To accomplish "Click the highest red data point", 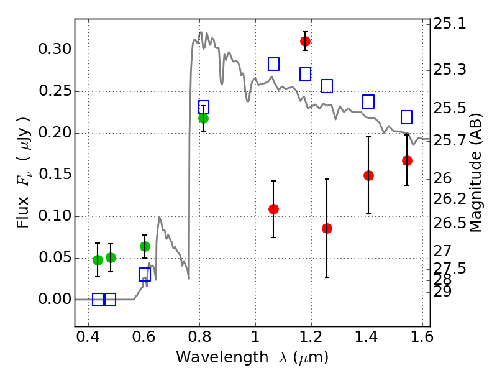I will coord(305,41).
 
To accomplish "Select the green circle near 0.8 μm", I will coord(203,118).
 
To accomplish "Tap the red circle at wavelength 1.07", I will coord(273,209).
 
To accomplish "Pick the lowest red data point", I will coord(327,228).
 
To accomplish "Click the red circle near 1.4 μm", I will coord(368,175).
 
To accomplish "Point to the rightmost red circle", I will coord(407,160).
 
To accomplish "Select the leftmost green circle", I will coord(98,260).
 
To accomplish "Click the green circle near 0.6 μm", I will coord(145,246).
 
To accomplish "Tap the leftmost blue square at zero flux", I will coord(98,300).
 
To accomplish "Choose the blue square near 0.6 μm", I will coord(145,275).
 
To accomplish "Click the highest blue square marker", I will coord(273,64).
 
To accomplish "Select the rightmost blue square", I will coord(407,117).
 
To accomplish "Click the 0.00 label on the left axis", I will coord(52,300).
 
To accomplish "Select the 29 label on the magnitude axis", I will coord(445,291).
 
